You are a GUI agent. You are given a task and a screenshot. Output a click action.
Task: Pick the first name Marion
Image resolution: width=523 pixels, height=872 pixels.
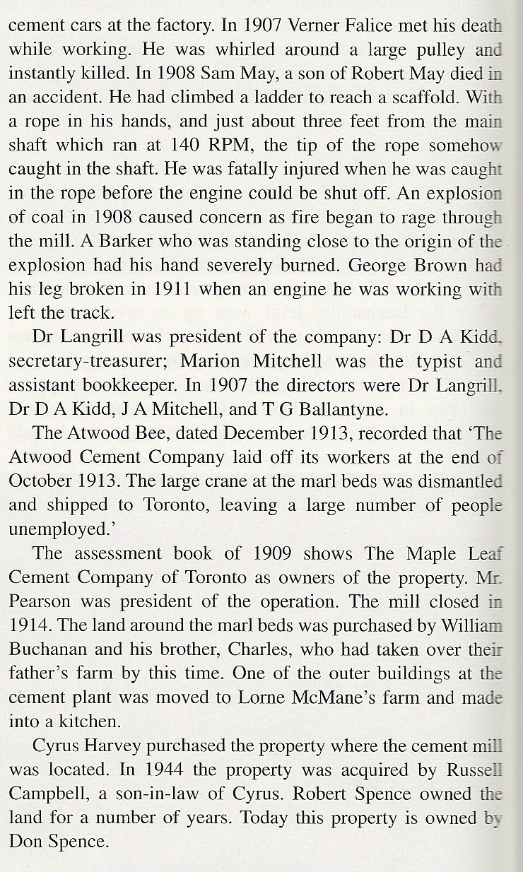click(211, 360)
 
